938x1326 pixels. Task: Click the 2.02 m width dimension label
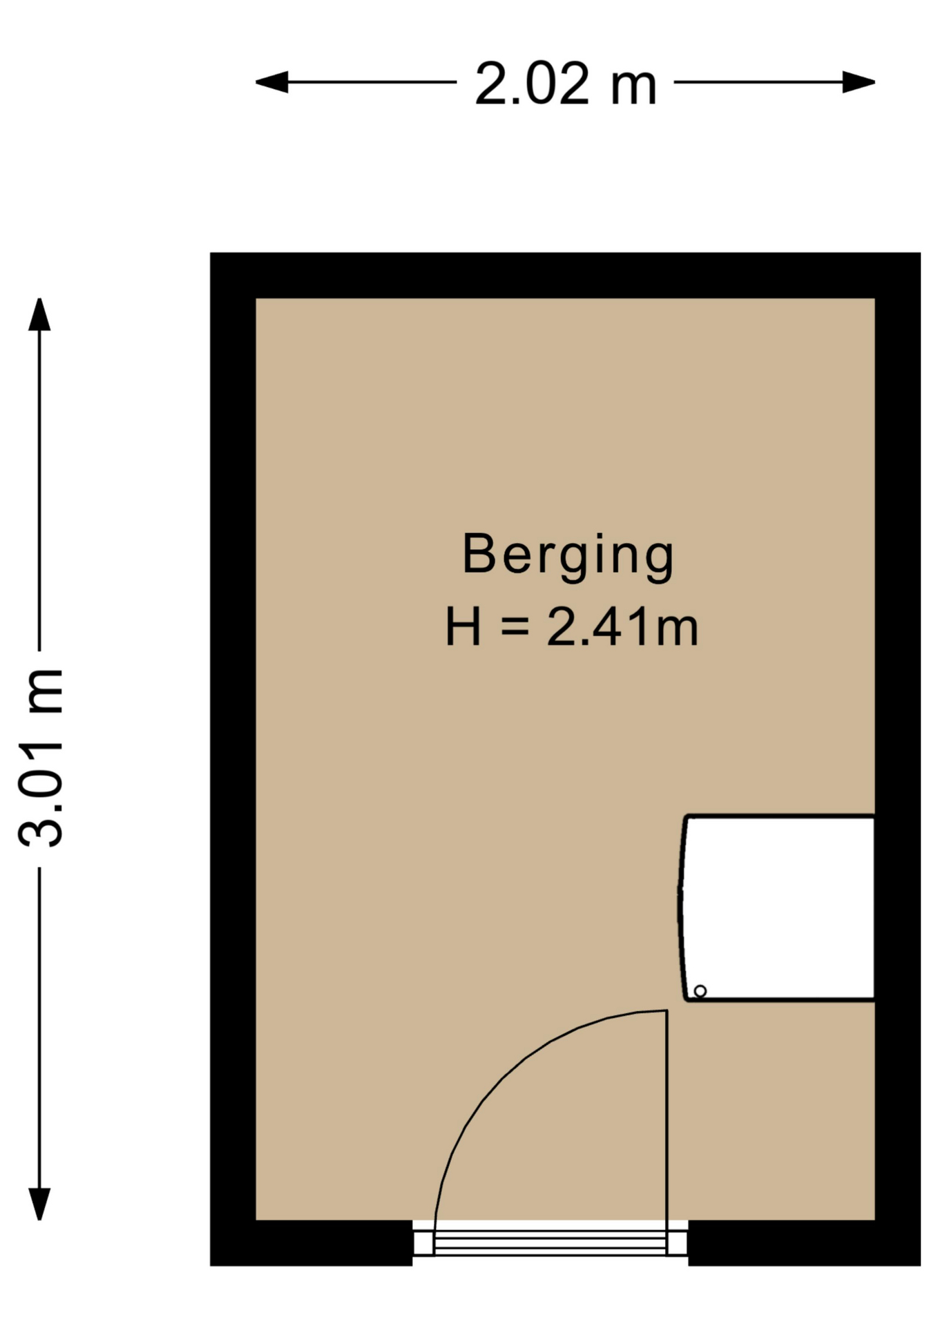tap(565, 84)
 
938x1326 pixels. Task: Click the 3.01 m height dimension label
tap(41, 758)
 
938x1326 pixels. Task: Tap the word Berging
tap(568, 557)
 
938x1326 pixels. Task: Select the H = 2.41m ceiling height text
tap(571, 626)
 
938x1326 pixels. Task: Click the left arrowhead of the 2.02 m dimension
tap(271, 82)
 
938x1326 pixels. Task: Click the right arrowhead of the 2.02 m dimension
tap(859, 82)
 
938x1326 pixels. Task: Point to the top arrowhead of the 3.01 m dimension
tap(39, 314)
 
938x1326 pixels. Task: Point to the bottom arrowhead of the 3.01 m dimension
tap(39, 1204)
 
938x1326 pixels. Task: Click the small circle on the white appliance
tap(700, 991)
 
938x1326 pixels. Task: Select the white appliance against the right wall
tap(776, 907)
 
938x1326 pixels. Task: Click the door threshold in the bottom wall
tap(551, 1243)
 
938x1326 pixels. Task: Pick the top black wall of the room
tap(565, 276)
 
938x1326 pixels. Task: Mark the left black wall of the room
tap(233, 759)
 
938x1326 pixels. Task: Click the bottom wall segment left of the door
tap(312, 1243)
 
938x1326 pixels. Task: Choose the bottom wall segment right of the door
tap(805, 1243)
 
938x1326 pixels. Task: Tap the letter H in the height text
tap(463, 626)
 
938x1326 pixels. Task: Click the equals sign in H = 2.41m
tap(515, 627)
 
